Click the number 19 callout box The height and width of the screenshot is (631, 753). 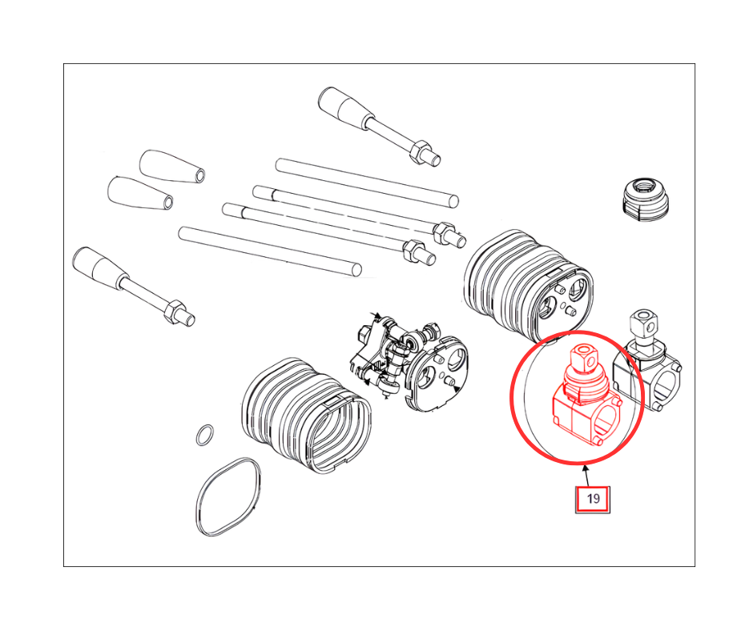[593, 500]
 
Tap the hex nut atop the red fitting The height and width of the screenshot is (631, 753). [583, 356]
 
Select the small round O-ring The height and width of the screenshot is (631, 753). [206, 435]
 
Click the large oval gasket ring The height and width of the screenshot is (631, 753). [229, 497]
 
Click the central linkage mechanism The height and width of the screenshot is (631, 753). [409, 363]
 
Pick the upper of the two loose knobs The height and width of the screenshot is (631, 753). [172, 167]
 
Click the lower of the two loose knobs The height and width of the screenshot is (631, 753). [139, 193]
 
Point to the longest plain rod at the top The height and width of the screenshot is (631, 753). [367, 183]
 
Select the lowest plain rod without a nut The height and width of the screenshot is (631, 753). [270, 251]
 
